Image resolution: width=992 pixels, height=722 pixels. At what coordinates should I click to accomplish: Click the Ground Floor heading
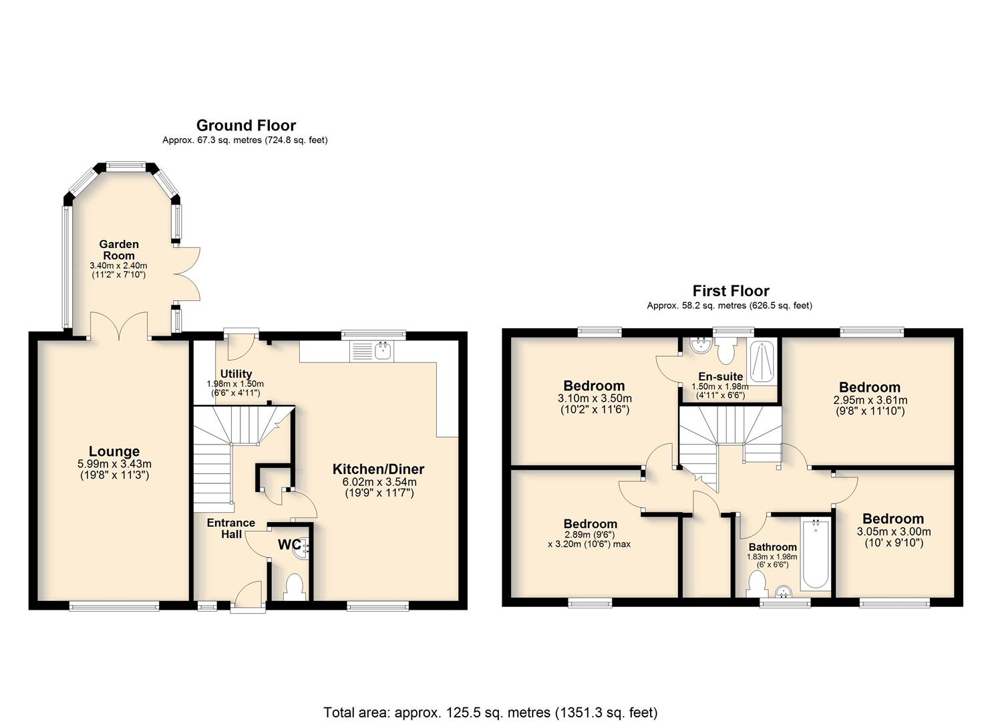coord(246,126)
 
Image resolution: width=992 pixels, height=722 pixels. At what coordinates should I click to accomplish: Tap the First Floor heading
coord(731,291)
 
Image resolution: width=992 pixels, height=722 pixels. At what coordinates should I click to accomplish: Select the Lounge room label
coord(114,451)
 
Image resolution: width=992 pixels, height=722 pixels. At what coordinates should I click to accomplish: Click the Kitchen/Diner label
coord(378,469)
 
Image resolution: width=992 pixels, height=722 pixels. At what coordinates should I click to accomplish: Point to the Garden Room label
coord(119,250)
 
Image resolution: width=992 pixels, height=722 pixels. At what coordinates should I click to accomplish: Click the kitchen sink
coord(383,351)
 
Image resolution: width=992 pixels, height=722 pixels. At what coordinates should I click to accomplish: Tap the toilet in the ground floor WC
coord(294,587)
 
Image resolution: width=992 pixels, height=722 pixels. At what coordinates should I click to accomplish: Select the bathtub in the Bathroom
coord(815,554)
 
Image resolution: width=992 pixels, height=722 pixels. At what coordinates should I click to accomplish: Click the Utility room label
coord(236,374)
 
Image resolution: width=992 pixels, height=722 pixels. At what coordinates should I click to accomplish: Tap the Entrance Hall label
coord(231,528)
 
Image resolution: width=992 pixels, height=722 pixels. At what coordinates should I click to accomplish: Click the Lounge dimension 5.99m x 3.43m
coord(114,464)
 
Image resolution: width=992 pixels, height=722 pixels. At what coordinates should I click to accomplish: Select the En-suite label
coord(721,377)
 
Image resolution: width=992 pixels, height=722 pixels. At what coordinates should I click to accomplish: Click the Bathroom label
coord(773,547)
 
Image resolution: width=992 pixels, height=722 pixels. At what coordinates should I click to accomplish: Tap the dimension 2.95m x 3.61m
coord(870,400)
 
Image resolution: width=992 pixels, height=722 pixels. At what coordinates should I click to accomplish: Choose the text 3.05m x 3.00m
coord(894,531)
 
